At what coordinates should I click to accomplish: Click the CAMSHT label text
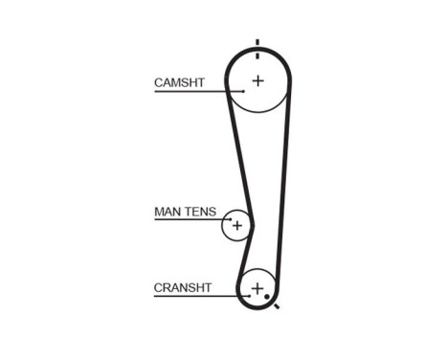click(179, 83)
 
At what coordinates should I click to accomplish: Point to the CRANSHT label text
click(183, 287)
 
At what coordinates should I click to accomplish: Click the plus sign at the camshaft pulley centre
click(257, 80)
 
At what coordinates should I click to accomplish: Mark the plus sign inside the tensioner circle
click(236, 226)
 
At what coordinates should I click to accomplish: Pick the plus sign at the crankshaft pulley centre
click(257, 287)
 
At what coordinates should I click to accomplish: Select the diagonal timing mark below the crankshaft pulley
click(276, 307)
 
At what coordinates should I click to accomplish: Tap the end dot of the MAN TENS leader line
click(230, 219)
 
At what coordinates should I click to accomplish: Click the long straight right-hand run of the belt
click(284, 182)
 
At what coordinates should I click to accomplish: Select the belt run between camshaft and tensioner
click(236, 153)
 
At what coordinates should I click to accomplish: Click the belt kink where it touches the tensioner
click(250, 223)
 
